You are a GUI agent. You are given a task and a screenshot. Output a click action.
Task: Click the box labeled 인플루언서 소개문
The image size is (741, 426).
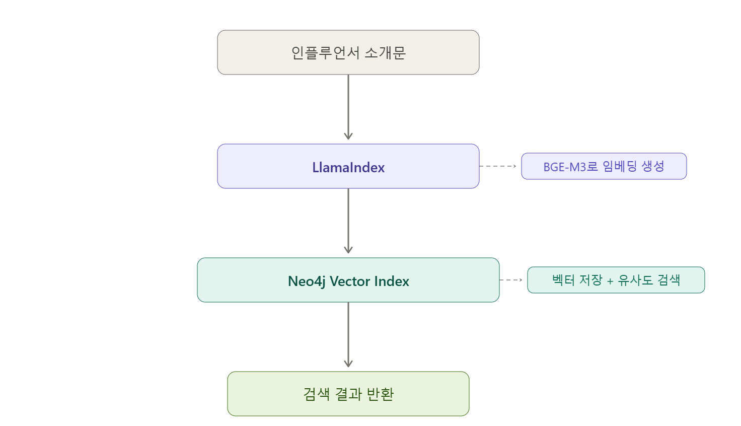(348, 52)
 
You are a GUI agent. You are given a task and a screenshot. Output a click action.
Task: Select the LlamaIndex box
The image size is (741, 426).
(348, 166)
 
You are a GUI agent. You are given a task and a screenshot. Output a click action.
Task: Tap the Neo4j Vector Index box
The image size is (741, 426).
(348, 280)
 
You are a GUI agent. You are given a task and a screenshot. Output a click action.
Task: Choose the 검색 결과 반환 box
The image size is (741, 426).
(348, 394)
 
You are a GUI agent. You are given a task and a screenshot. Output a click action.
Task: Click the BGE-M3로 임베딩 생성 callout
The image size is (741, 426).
(604, 166)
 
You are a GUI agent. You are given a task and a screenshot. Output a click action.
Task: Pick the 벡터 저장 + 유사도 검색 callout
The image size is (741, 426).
(616, 280)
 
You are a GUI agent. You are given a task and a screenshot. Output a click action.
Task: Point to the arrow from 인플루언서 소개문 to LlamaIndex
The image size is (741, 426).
(348, 107)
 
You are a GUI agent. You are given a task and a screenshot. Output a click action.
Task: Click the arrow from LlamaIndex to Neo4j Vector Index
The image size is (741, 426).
(348, 221)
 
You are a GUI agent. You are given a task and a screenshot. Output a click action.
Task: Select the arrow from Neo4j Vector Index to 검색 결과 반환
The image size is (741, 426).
(348, 335)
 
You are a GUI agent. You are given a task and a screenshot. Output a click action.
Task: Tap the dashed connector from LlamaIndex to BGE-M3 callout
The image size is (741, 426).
(498, 166)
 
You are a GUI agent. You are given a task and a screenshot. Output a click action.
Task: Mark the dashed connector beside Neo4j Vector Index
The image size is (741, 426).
(511, 280)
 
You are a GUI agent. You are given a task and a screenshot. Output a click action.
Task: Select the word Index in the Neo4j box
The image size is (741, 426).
(392, 281)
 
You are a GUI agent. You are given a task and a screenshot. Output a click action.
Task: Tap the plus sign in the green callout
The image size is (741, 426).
(610, 281)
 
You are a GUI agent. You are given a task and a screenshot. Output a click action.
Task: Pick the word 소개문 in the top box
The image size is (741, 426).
(385, 53)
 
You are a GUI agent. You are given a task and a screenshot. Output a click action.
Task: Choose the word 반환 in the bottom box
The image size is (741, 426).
(380, 394)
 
